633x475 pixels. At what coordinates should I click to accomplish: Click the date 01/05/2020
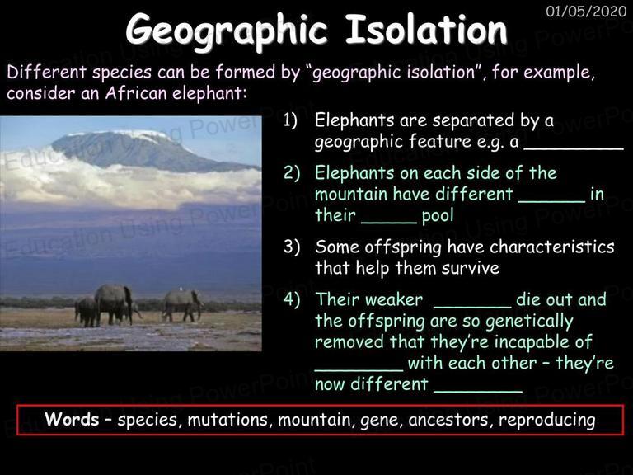586,11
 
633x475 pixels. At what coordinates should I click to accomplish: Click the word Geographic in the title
227,31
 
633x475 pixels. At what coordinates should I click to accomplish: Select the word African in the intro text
136,93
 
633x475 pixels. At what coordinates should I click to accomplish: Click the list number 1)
290,120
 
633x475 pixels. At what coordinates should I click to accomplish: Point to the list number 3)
292,247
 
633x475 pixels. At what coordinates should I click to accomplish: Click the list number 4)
292,299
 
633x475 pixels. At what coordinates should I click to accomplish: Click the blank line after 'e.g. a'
574,148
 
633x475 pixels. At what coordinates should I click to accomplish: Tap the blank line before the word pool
389,223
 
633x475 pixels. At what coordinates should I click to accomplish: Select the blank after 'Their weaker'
473,307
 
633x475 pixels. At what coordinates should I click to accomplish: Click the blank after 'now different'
478,391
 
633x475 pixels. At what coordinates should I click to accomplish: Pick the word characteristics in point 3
552,247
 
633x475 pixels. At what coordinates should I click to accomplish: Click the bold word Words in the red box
72,419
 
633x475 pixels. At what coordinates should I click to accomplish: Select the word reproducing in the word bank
547,421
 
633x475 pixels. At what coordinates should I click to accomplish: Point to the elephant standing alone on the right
182,305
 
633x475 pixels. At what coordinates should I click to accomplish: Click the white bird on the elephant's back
181,289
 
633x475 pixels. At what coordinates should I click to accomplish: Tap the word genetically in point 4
529,322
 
